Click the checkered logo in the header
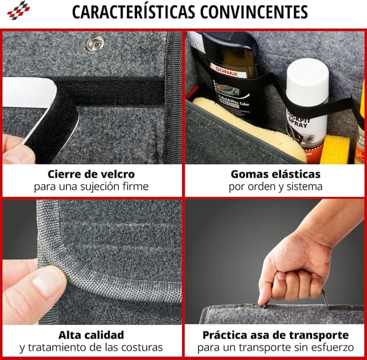[x=18, y=10]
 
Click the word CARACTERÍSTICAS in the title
[x=134, y=11]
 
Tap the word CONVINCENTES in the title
[x=254, y=12]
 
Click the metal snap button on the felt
[x=95, y=44]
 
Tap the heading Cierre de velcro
[x=91, y=174]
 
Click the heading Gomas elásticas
[x=276, y=174]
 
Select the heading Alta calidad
[x=91, y=335]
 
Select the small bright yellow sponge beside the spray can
[x=335, y=150]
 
